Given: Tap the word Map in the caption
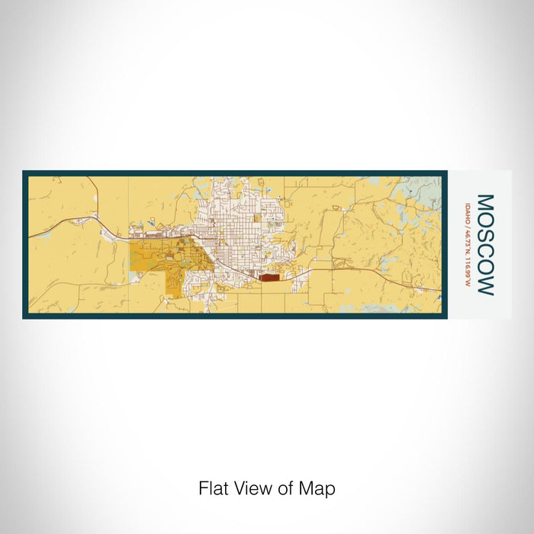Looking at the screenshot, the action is (320, 488).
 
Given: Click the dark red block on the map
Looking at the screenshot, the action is (269, 278).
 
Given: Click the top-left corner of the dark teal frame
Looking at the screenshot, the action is (24, 172).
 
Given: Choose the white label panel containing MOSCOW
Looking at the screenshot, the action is (478, 244).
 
